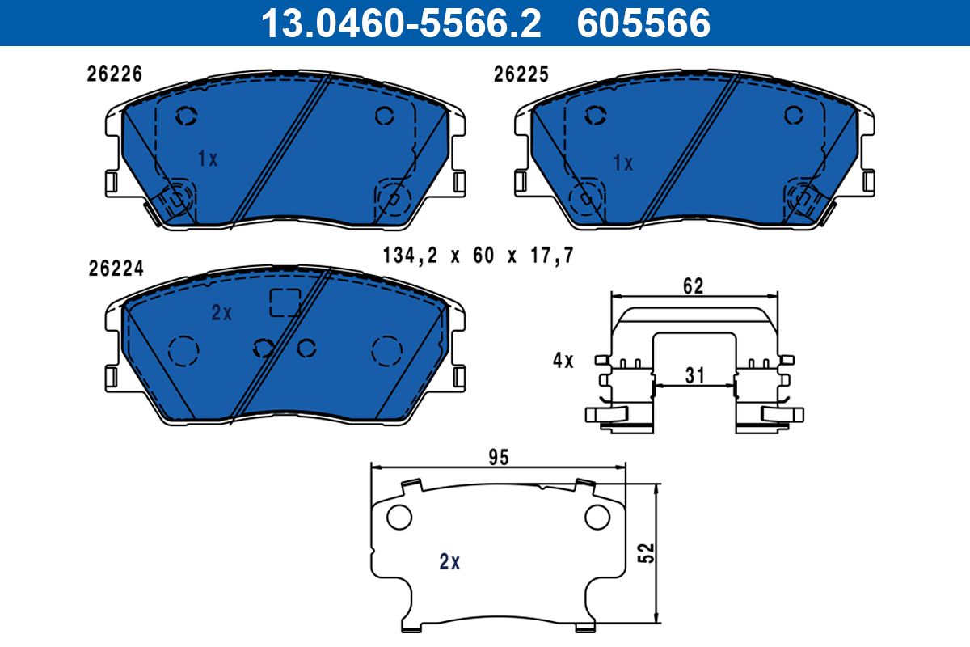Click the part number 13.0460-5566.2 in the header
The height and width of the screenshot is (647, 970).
click(401, 23)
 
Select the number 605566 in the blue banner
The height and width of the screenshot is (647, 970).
click(643, 23)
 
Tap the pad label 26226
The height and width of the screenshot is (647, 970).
click(114, 74)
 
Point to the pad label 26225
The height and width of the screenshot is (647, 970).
click(521, 74)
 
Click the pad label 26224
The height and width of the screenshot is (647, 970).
click(116, 269)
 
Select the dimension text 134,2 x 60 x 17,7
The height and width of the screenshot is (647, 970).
click(479, 256)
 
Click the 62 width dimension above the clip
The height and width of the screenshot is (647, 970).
click(694, 286)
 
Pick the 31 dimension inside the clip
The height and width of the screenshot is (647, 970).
click(694, 375)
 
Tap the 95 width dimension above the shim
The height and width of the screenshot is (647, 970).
click(499, 458)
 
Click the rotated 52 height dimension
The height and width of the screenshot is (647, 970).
click(646, 553)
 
